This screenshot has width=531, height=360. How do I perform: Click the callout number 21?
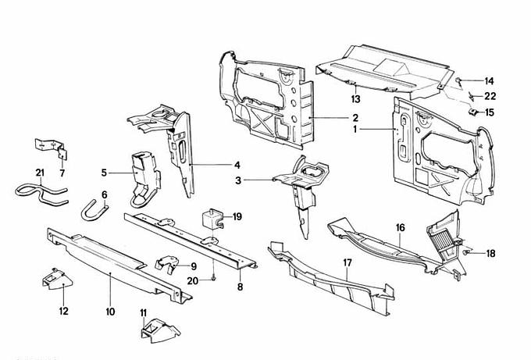point(41,172)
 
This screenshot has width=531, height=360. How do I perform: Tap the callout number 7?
point(63,172)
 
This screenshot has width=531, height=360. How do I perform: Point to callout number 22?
point(490,96)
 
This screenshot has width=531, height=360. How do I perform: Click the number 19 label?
point(237,216)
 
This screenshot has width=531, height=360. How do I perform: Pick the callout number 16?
point(400,228)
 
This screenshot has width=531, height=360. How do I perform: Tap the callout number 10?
point(110,312)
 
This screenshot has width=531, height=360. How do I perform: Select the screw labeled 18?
point(466,253)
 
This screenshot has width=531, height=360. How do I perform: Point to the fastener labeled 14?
point(460,81)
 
